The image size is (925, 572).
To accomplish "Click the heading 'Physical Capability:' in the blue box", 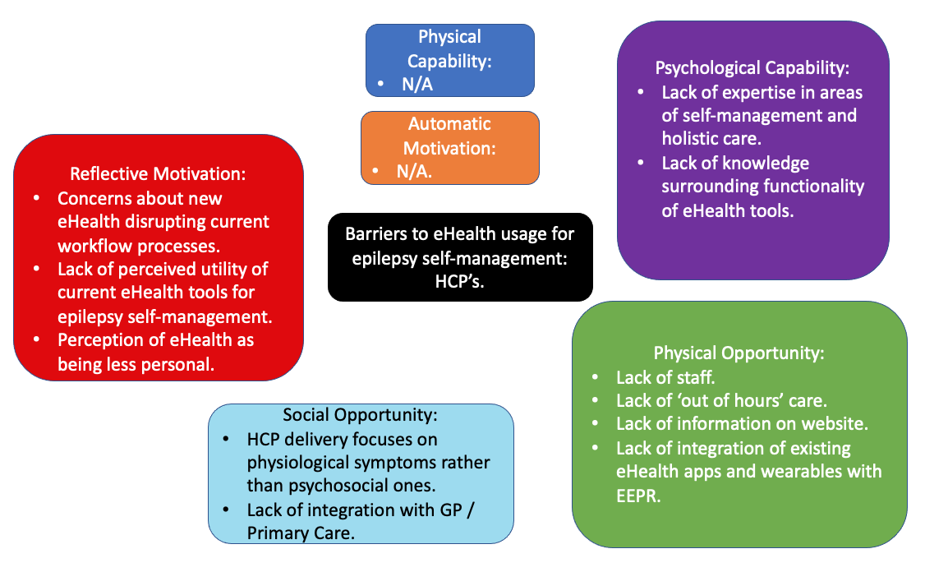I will pyautogui.click(x=449, y=49).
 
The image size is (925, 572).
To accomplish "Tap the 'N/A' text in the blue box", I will pyautogui.click(x=416, y=84).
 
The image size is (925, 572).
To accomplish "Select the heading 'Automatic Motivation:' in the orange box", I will pyautogui.click(x=449, y=136).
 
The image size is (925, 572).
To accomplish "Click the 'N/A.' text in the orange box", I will pyautogui.click(x=414, y=172).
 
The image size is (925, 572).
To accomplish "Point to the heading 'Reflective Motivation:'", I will pyautogui.click(x=159, y=174).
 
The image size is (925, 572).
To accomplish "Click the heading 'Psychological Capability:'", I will pyautogui.click(x=752, y=68).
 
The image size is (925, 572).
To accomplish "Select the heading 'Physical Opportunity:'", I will pyautogui.click(x=739, y=353).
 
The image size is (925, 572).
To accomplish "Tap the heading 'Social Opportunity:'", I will pyautogui.click(x=360, y=415).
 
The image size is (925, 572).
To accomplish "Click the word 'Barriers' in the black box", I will pyautogui.click(x=379, y=233).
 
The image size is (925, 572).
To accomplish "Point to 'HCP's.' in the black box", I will pyautogui.click(x=459, y=282).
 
